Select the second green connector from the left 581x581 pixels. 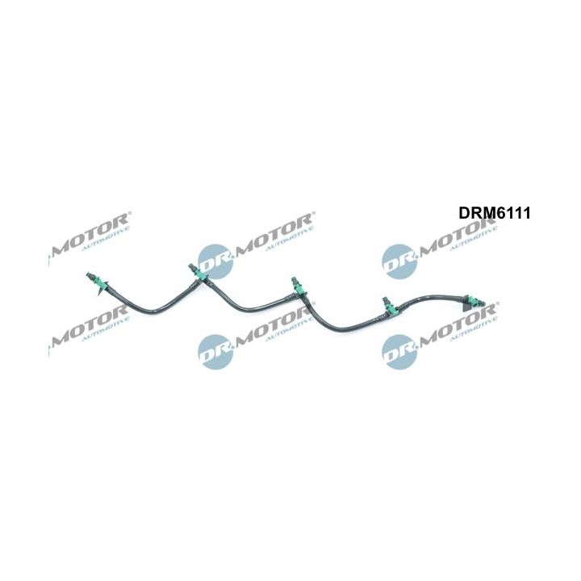tap(195, 274)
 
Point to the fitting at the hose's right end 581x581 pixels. tap(470, 302)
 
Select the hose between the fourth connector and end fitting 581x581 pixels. tap(428, 297)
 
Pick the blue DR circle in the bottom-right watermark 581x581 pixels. tap(399, 349)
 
